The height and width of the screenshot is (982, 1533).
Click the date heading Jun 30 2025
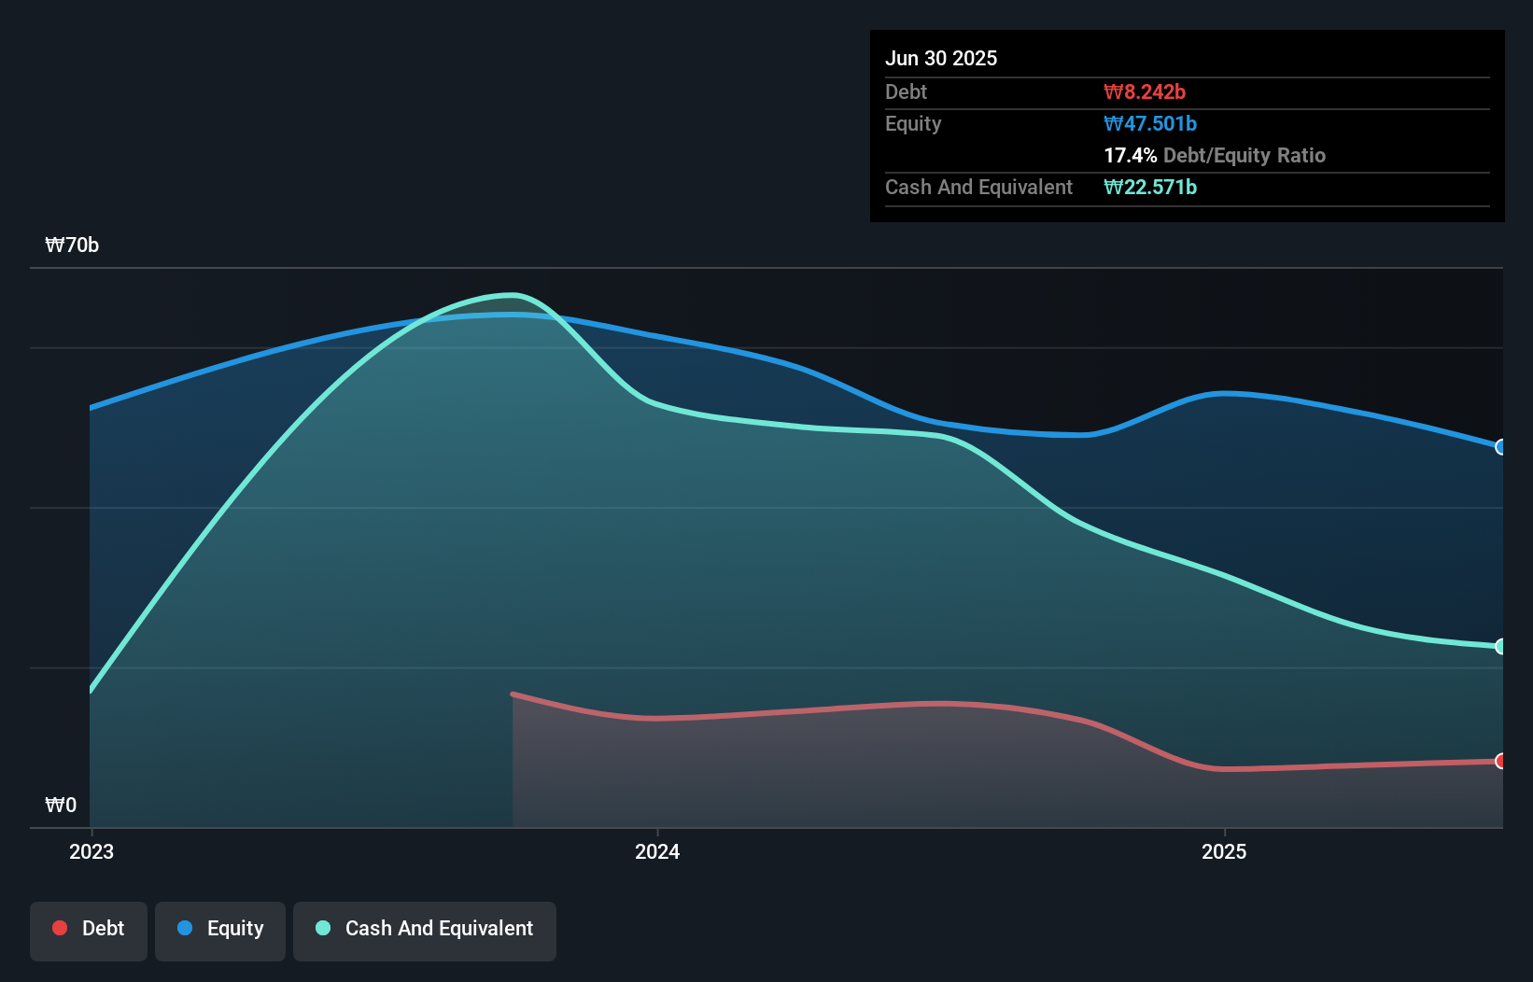pos(941,58)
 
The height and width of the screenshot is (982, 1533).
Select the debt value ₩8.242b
pos(1145,91)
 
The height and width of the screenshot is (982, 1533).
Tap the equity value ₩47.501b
pos(1150,123)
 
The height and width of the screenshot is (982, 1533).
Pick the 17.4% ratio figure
pos(1130,155)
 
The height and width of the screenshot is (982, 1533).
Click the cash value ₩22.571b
pos(1150,187)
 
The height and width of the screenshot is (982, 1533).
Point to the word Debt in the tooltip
pos(906,91)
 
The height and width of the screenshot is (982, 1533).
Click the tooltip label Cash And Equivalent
pos(978,187)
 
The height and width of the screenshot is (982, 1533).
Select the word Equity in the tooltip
pos(913,123)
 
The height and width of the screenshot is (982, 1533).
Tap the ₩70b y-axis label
pos(72,245)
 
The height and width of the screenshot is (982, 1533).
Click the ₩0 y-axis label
pos(61,805)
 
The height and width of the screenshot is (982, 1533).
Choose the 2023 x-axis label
pos(91,851)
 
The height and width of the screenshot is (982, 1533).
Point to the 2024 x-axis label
pos(657,851)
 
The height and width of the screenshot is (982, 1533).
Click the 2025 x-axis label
pos(1224,851)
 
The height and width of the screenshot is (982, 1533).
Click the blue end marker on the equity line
pos(1501,447)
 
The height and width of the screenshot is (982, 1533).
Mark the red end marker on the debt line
pos(1501,761)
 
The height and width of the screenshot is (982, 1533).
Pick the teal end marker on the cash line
pos(1501,646)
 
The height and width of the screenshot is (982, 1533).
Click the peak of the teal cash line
pos(512,296)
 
